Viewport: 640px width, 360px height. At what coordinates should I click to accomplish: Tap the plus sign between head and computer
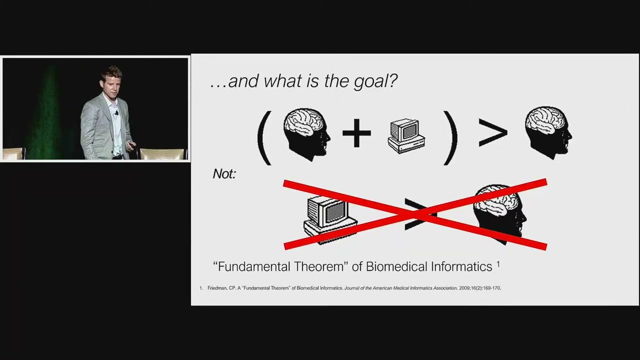[x=356, y=133]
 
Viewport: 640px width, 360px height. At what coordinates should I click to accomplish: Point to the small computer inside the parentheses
[x=406, y=135]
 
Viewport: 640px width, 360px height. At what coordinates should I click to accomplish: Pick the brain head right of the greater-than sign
[x=548, y=132]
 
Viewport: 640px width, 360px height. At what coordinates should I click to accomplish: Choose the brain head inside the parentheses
[x=306, y=133]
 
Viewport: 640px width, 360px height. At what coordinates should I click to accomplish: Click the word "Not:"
[x=224, y=174]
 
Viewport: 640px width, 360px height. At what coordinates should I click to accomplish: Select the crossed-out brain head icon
[x=500, y=212]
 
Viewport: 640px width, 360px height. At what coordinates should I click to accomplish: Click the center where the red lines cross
[x=415, y=214]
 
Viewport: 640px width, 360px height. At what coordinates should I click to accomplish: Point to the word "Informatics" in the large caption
[x=461, y=266]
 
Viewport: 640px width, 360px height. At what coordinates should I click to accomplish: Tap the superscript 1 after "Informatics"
[x=498, y=264]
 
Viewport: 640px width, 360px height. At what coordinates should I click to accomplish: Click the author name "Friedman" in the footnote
[x=218, y=288]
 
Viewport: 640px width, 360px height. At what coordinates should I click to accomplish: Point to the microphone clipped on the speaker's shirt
[x=116, y=113]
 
